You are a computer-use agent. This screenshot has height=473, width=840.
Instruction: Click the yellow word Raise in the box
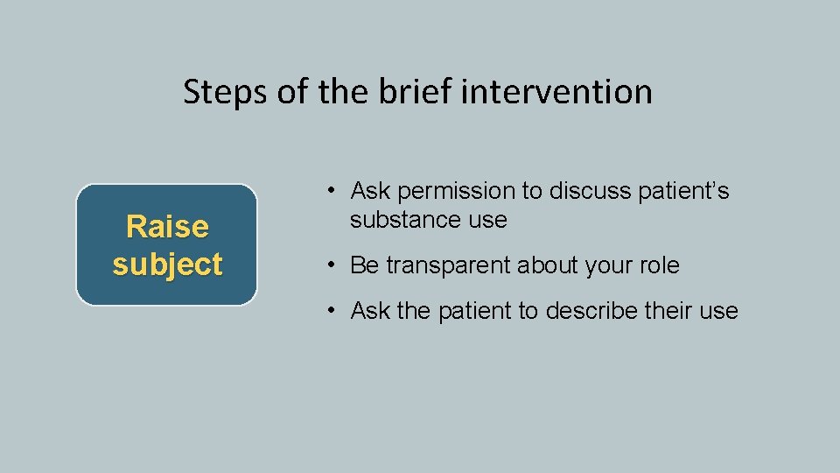point(167,227)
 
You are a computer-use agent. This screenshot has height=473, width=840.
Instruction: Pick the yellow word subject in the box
point(167,264)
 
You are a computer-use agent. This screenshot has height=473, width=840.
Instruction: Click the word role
point(659,265)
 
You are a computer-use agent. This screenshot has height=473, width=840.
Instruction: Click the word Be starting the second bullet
point(363,265)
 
